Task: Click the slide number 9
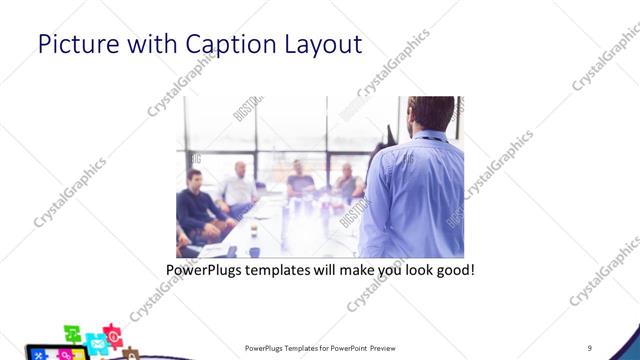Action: point(590,347)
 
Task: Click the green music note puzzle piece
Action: point(72,333)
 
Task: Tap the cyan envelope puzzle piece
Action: point(96,344)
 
